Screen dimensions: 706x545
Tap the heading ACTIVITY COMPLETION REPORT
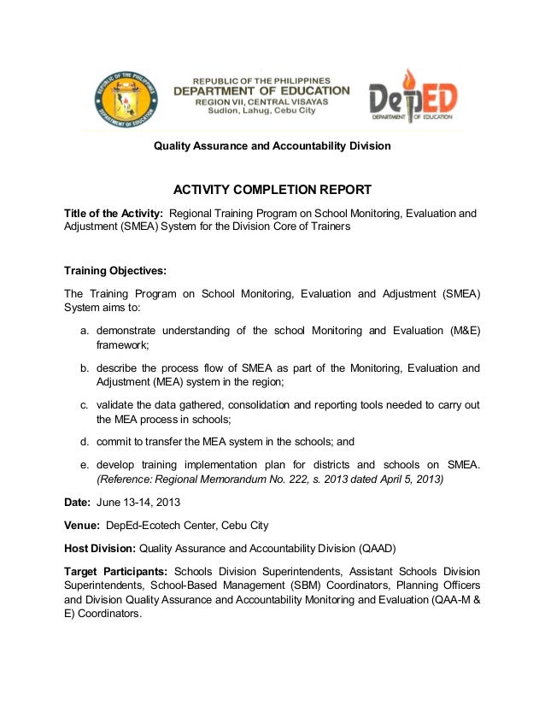(272, 190)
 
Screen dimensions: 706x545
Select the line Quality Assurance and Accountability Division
(272, 146)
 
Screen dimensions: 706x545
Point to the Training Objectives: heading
(115, 271)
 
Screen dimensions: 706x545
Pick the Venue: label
(82, 525)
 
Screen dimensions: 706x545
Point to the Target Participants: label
(117, 571)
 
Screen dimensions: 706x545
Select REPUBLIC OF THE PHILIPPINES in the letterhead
(261, 79)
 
